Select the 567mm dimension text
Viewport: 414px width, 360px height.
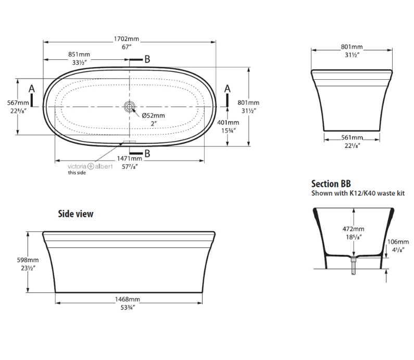[19, 103]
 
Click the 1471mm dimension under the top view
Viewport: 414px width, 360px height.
[130, 158]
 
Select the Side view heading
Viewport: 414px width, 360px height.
[76, 214]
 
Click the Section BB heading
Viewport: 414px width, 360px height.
[331, 184]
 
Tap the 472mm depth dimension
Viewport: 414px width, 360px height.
[354, 229]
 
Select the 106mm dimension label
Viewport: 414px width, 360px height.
[398, 242]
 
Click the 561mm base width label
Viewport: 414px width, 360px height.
[353, 138]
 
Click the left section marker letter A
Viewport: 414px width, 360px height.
[32, 89]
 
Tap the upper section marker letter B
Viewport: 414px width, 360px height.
[147, 59]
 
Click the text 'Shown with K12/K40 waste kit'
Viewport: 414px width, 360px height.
[358, 193]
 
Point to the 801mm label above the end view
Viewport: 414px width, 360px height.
[353, 47]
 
